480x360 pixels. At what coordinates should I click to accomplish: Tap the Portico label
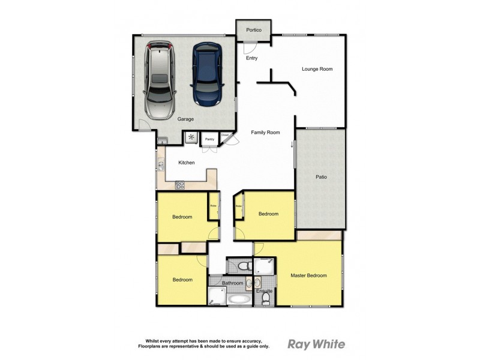254,28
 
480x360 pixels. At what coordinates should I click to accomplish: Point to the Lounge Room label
317,69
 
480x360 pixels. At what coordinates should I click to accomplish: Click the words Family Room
266,132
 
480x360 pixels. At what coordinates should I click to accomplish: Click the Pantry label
209,139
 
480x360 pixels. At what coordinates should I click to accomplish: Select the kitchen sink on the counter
161,164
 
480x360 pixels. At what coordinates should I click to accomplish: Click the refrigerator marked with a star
191,138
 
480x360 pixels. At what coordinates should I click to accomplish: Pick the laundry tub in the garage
163,141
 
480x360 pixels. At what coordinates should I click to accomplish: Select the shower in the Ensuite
264,266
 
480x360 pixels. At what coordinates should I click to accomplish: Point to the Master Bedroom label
308,275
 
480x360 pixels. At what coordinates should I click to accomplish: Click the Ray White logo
316,344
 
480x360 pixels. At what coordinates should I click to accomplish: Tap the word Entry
251,58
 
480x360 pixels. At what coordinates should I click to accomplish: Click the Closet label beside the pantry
225,136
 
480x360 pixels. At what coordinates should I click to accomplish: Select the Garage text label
185,119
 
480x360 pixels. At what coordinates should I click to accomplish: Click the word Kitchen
187,163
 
